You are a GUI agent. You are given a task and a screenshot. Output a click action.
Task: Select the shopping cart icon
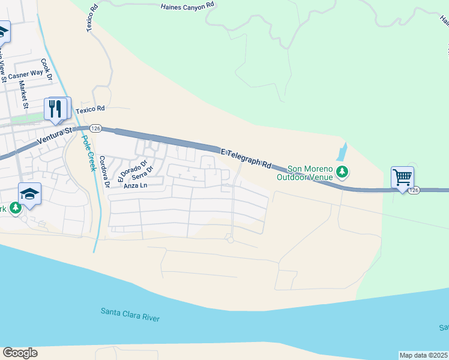click(x=402, y=178)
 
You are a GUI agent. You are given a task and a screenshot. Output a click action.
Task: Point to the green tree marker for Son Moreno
click(x=342, y=173)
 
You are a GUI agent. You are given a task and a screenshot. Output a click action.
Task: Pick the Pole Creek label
click(x=88, y=152)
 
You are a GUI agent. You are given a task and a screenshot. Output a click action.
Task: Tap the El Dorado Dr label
click(x=133, y=170)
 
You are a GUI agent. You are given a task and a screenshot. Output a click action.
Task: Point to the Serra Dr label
click(x=140, y=175)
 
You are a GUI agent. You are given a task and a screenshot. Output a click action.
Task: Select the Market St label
click(x=25, y=95)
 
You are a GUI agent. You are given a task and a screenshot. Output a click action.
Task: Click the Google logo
click(x=20, y=353)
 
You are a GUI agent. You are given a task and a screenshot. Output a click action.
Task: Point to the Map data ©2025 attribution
click(x=423, y=355)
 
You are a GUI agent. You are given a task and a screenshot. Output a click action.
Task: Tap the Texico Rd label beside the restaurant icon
click(x=90, y=109)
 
